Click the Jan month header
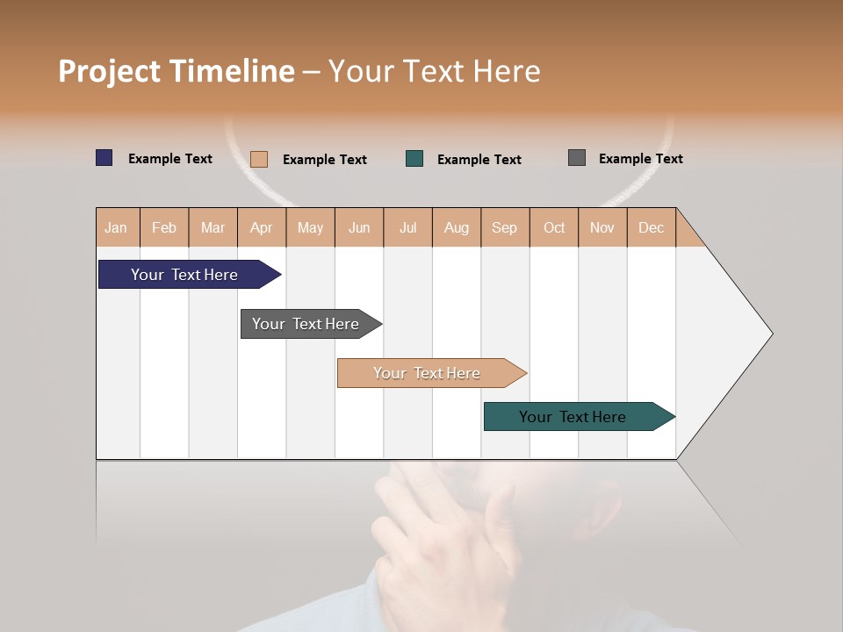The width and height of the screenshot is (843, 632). (x=116, y=227)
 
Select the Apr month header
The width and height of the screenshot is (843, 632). (x=261, y=227)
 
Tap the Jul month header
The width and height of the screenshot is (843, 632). (x=407, y=227)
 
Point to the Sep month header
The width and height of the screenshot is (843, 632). (x=504, y=227)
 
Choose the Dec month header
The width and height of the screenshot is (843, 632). (x=651, y=227)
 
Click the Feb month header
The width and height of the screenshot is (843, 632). (x=164, y=227)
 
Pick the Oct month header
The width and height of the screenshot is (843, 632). (x=554, y=227)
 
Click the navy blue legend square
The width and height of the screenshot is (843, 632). (x=104, y=158)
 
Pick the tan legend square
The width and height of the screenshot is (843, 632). (x=259, y=159)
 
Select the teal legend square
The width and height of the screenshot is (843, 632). (x=414, y=159)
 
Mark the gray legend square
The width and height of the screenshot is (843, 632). (x=577, y=158)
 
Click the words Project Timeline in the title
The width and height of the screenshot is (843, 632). (x=176, y=71)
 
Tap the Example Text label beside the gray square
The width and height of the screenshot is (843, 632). (x=640, y=159)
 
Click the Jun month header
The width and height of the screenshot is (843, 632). (x=359, y=227)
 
